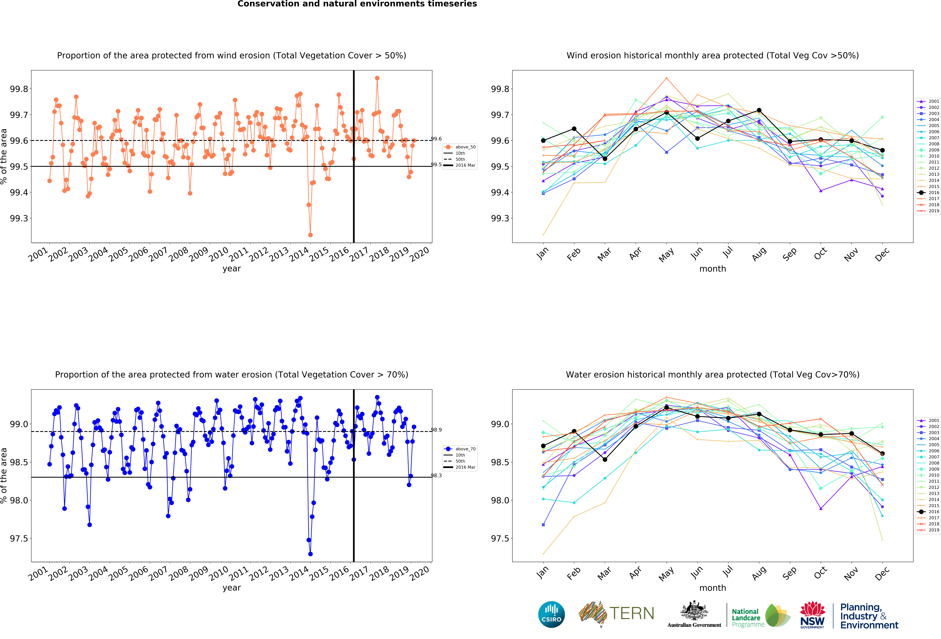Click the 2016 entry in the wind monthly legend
click(930, 193)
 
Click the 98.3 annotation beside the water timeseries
click(436, 476)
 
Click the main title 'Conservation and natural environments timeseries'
click(357, 4)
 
